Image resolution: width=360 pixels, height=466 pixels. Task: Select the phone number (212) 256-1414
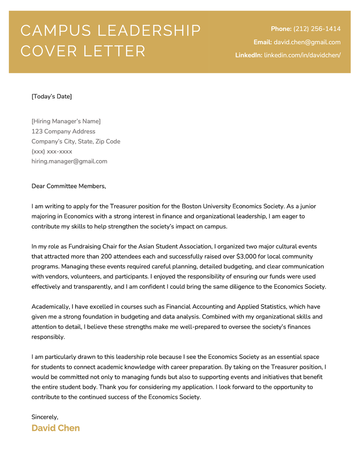point(317,29)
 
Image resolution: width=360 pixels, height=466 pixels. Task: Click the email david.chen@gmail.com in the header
point(307,42)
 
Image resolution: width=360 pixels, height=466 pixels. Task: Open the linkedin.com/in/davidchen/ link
point(302,55)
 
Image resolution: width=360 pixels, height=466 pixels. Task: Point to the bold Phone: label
point(281,29)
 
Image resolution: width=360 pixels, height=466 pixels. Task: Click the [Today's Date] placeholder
point(51,96)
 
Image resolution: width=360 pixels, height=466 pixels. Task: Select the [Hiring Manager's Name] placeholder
point(66,121)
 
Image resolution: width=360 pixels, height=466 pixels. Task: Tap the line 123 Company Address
point(63,131)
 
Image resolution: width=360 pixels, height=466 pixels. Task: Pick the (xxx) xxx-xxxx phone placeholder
point(52,152)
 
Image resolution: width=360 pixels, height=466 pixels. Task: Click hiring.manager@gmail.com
point(69,161)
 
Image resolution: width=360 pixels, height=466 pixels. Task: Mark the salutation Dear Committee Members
point(68,186)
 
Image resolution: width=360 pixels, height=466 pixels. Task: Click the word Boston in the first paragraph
point(192,206)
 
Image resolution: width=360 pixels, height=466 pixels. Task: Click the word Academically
point(51,307)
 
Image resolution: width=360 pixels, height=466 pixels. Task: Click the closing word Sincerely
point(45,417)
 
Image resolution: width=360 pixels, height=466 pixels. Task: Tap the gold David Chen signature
point(55,428)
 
